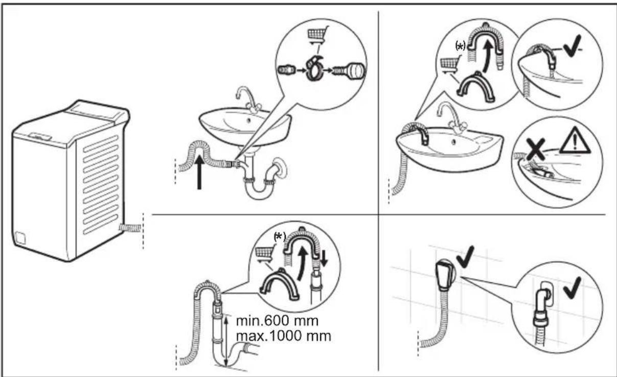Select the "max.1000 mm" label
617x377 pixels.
click(283, 336)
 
